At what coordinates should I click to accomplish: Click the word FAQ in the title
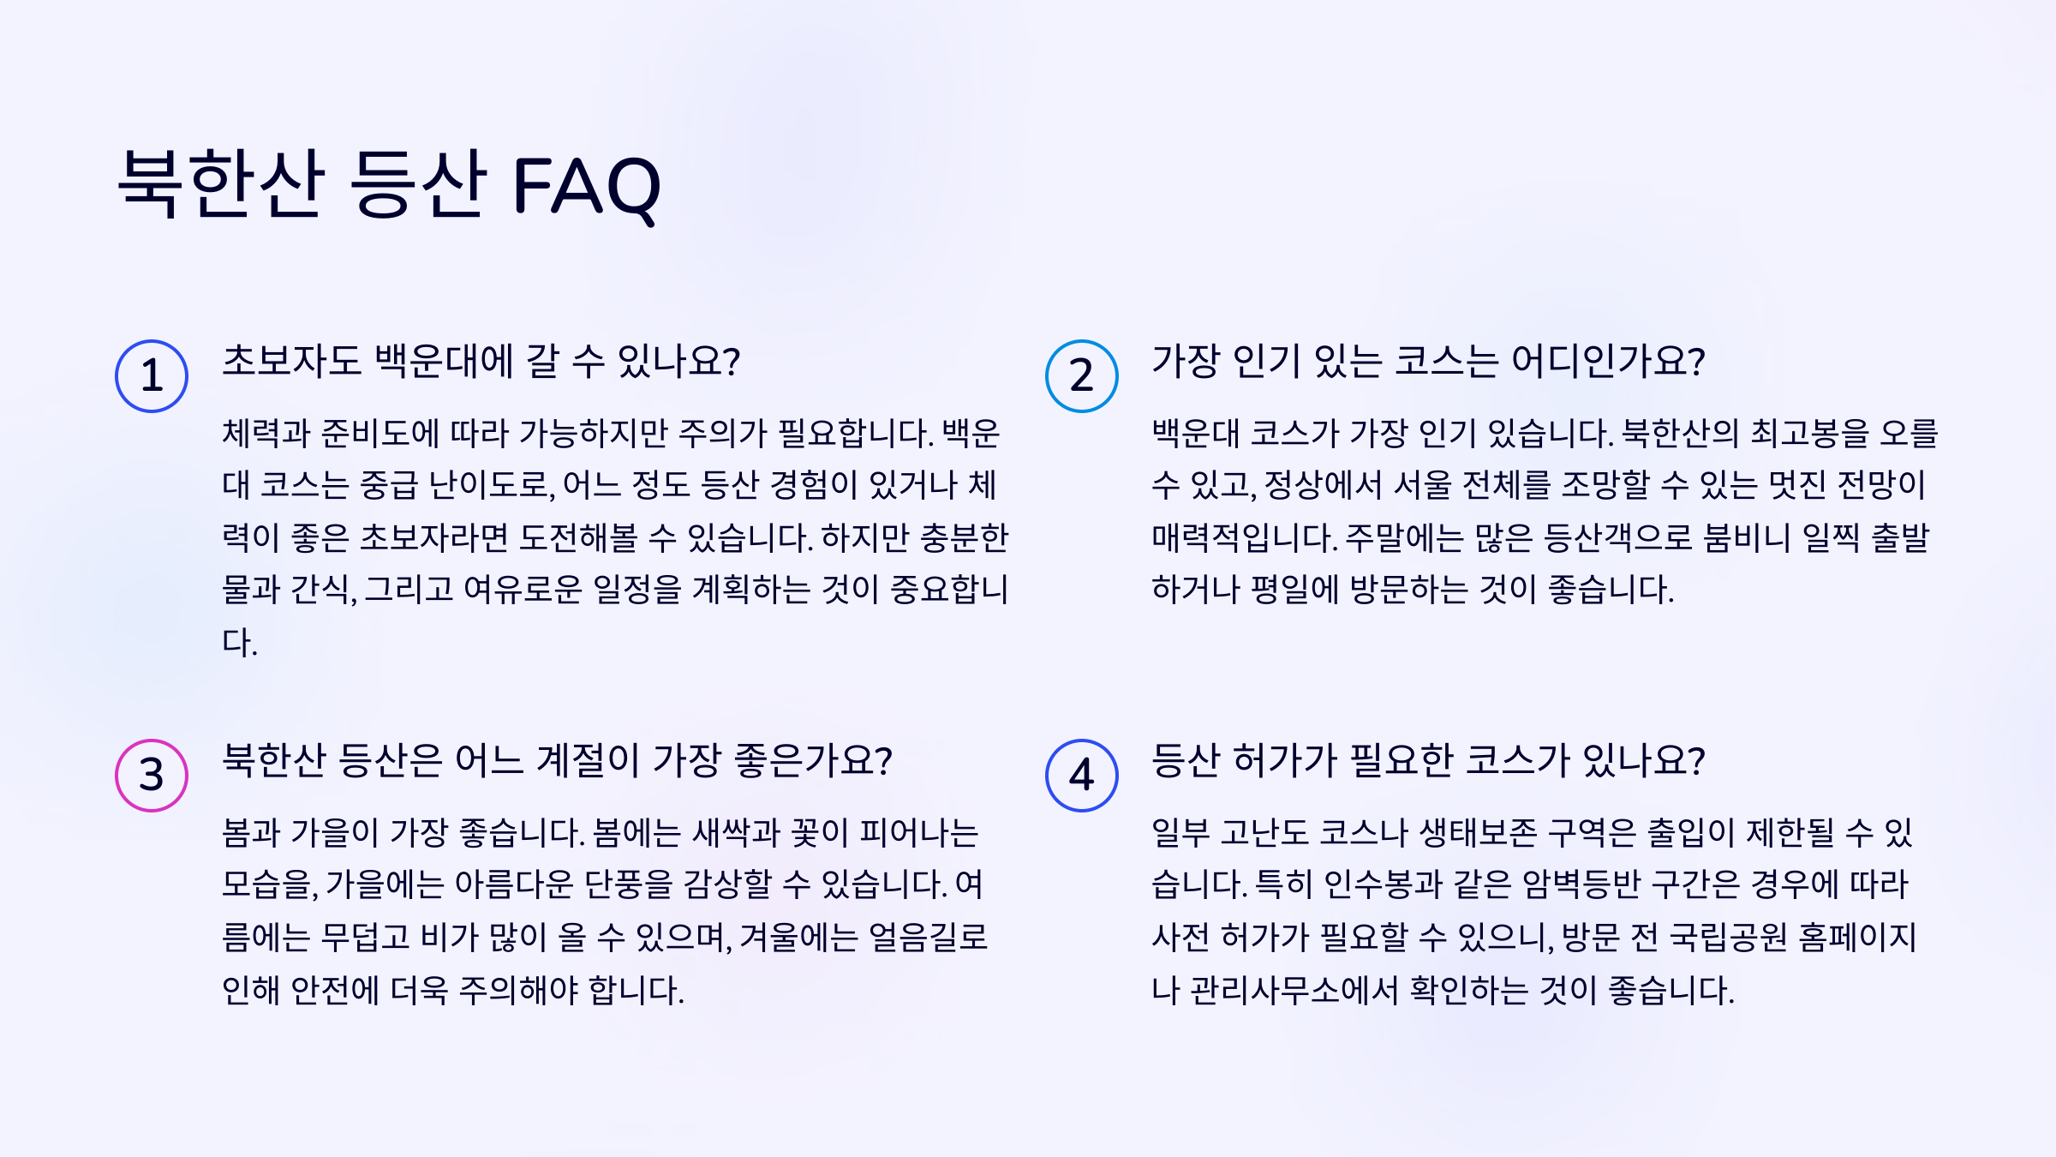click(x=586, y=185)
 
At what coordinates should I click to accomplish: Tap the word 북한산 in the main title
click(x=221, y=183)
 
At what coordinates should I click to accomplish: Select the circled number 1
click(x=152, y=376)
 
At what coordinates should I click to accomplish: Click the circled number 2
click(x=1081, y=376)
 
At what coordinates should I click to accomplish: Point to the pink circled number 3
click(x=152, y=776)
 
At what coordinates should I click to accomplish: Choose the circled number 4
click(x=1081, y=776)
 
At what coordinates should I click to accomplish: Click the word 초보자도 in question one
click(x=291, y=361)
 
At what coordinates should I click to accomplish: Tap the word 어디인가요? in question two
click(x=1608, y=361)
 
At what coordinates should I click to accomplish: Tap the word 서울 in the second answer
click(x=1423, y=485)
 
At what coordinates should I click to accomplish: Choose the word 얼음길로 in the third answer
click(x=928, y=938)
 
